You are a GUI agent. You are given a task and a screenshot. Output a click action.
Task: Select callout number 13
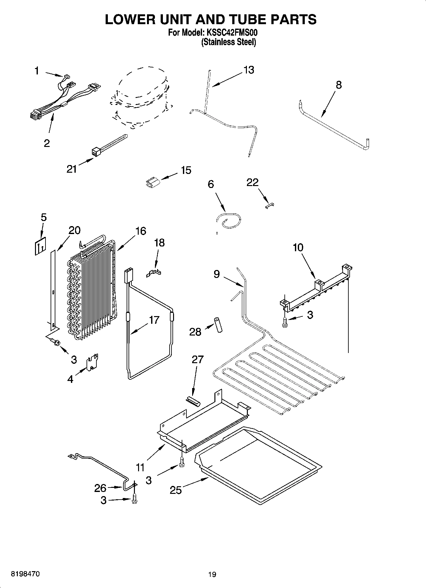click(249, 70)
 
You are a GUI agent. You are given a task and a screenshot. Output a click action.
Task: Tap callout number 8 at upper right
click(339, 85)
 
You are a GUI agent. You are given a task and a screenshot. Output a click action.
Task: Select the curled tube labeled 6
click(228, 221)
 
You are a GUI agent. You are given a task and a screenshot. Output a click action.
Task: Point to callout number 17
click(154, 320)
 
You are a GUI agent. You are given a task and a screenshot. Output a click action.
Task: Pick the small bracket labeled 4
click(92, 363)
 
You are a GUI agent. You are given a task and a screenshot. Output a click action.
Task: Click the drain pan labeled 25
click(258, 464)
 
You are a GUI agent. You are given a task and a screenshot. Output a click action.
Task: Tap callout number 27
click(197, 360)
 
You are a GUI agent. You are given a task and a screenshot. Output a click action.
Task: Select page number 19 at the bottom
click(212, 574)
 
